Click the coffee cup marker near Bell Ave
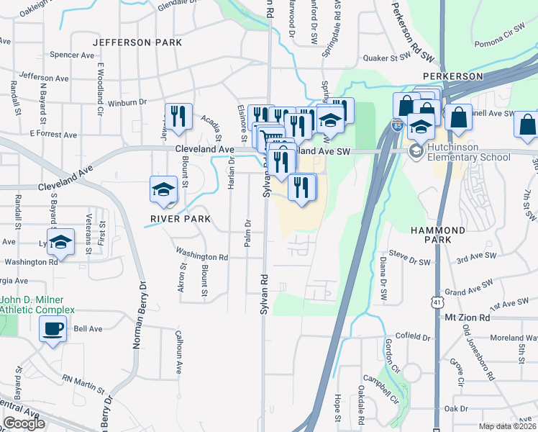(53, 330)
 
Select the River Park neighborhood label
(181, 218)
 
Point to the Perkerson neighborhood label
(452, 76)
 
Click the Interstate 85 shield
(397, 125)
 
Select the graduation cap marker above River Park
(163, 189)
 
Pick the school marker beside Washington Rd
(61, 243)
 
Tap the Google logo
(24, 423)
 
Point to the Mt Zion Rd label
(467, 317)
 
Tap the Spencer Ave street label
(72, 55)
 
